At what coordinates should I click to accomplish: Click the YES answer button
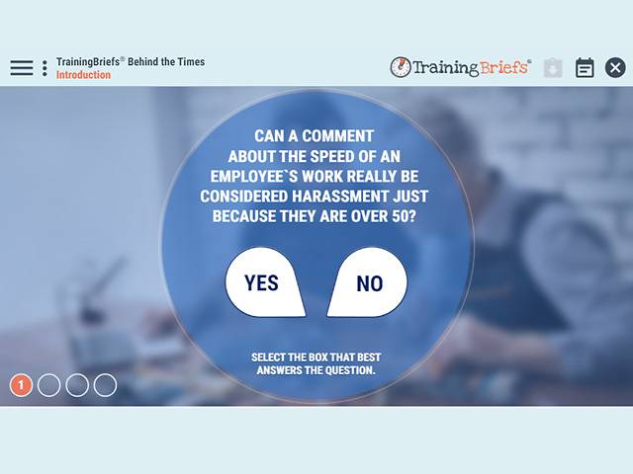coord(262,283)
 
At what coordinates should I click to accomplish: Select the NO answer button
coord(369,283)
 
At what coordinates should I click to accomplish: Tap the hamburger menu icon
coord(22,68)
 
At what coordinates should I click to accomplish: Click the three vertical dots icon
coord(45,68)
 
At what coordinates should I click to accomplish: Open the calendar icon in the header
coord(585,68)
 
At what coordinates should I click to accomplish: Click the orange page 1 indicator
coord(22,385)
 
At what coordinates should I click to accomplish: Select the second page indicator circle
coord(49,385)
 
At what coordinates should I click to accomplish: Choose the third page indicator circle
coord(77,385)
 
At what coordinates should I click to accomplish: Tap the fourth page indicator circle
coord(105,385)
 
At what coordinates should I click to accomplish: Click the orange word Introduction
coord(83,75)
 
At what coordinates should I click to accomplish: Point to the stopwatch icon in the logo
coord(401,67)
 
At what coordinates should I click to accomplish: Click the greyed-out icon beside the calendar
coord(553,68)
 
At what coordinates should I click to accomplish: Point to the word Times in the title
coord(188,61)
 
